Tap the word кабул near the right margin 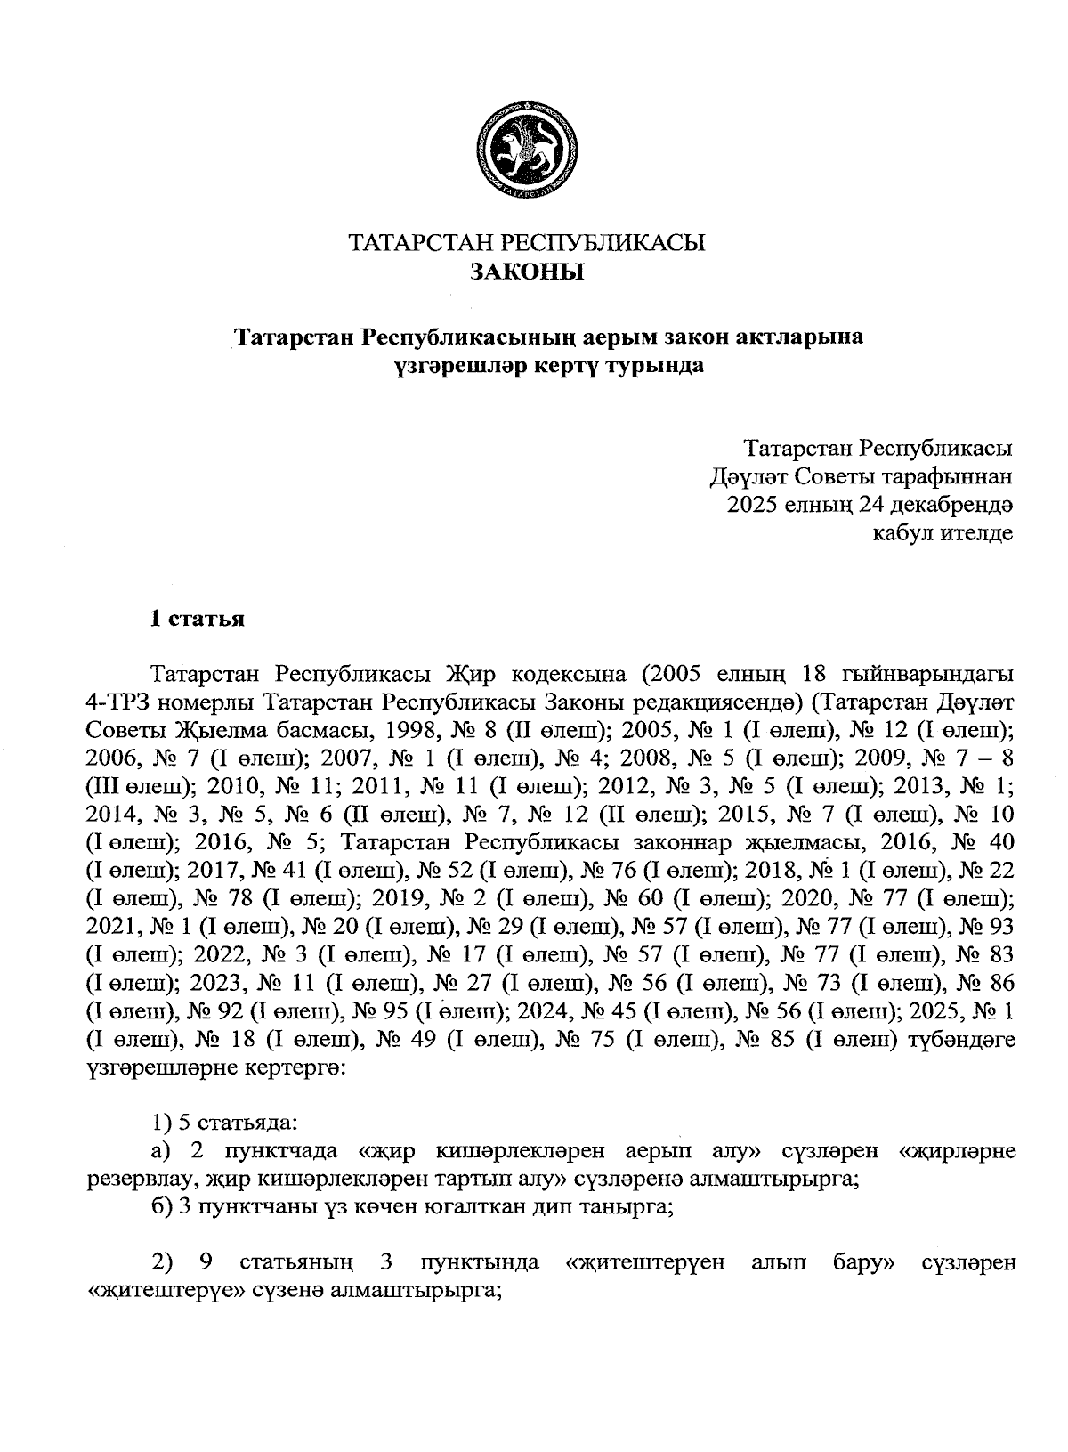point(901,534)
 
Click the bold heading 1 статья point(197,620)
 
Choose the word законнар point(679,843)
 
